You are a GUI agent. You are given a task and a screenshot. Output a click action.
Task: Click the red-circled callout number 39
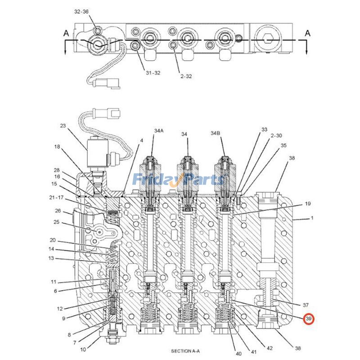tap(309, 319)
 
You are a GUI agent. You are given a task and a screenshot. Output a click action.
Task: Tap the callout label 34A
tap(158, 131)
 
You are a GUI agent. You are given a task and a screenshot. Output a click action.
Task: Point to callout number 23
tap(63, 126)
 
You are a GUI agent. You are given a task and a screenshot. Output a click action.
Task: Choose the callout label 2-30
tap(276, 135)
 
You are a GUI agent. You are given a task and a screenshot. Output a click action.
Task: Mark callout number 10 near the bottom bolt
tap(83, 349)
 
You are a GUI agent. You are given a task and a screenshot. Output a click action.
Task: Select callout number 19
tap(308, 204)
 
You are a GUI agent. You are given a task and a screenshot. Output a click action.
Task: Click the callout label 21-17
tap(57, 198)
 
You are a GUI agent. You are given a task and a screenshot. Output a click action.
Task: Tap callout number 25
tap(57, 222)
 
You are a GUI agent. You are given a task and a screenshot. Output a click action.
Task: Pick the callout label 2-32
tap(186, 76)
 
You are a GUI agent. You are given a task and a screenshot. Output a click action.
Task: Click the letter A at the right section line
tap(308, 33)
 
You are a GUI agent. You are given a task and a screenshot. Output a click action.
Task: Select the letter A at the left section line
tap(66, 33)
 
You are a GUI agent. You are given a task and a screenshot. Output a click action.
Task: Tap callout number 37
tap(305, 305)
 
